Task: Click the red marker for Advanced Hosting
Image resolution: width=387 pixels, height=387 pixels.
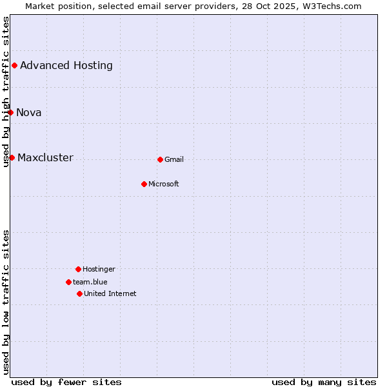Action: click(14, 65)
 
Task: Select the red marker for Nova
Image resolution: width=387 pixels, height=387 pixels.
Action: click(10, 112)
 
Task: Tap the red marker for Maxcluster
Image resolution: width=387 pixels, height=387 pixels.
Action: click(12, 157)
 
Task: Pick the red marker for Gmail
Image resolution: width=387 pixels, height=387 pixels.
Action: click(160, 159)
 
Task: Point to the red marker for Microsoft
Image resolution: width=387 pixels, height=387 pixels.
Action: click(144, 184)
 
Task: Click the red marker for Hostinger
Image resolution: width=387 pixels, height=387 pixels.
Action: click(78, 269)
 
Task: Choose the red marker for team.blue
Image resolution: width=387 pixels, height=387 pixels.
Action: click(68, 282)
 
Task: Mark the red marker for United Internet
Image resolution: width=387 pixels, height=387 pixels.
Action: click(79, 293)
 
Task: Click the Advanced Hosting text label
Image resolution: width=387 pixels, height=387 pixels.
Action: click(66, 65)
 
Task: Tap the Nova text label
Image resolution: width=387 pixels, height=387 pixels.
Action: click(29, 112)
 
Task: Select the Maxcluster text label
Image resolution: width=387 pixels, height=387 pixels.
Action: click(45, 157)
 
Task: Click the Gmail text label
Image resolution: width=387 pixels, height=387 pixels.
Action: click(174, 159)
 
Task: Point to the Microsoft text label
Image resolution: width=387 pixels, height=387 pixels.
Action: click(164, 184)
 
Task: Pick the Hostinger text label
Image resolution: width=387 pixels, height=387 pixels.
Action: click(99, 269)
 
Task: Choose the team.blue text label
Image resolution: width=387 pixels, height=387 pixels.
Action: click(90, 282)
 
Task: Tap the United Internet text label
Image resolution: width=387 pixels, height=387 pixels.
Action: click(110, 293)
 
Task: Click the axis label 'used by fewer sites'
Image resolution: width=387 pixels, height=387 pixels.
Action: click(66, 382)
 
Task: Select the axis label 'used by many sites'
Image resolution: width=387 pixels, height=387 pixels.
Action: click(324, 382)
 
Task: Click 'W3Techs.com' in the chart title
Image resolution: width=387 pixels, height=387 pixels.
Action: click(332, 6)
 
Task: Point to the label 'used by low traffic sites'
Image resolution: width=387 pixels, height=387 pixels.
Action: click(6, 302)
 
